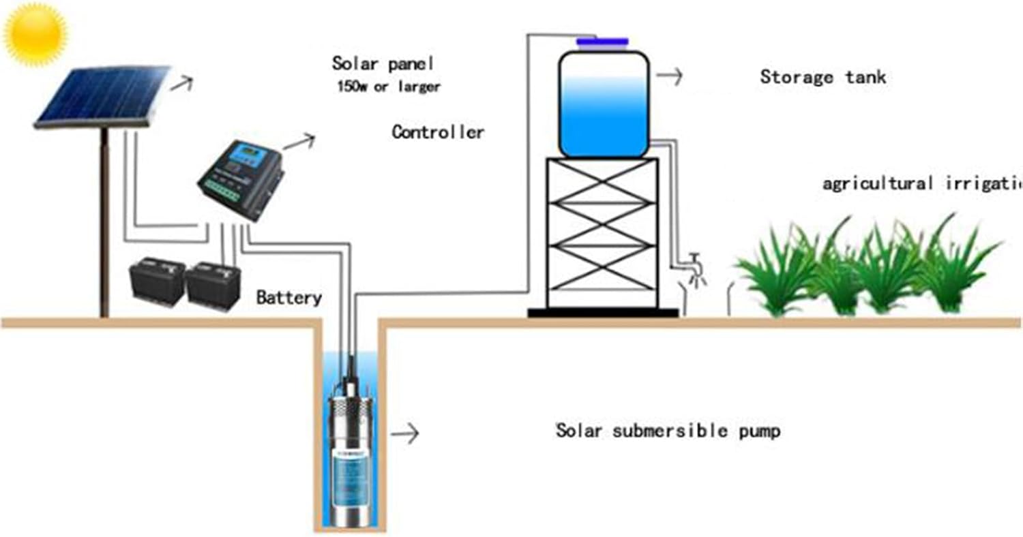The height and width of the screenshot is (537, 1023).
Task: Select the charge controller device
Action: (x=240, y=179)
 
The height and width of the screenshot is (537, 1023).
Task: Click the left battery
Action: (x=158, y=280)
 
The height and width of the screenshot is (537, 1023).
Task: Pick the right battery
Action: (x=213, y=284)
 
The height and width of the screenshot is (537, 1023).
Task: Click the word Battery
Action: (x=288, y=297)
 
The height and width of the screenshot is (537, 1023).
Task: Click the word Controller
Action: (x=438, y=132)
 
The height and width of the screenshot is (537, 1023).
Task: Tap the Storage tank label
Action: (x=822, y=76)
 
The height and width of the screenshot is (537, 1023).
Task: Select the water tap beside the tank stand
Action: (x=694, y=266)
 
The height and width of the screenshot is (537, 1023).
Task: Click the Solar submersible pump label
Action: (x=668, y=431)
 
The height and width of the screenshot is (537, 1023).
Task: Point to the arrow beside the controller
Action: (x=299, y=141)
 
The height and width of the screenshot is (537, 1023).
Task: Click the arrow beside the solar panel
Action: (x=181, y=84)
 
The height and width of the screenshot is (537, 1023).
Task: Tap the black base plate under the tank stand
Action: (x=603, y=313)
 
